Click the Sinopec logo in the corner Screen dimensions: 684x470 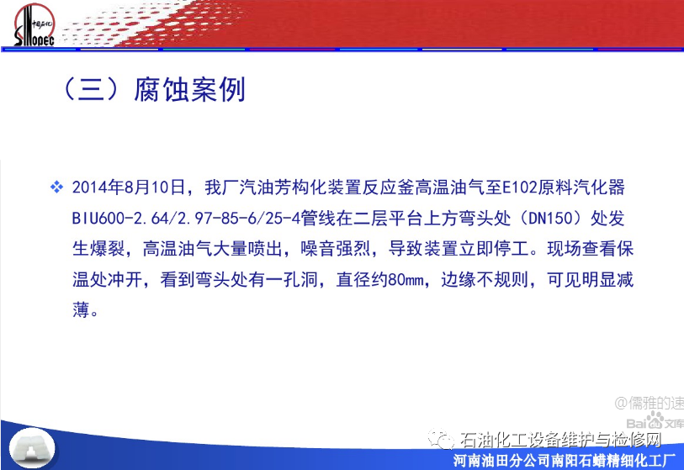click(x=34, y=25)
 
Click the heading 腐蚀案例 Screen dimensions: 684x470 click(x=190, y=90)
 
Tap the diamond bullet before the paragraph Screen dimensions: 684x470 click(x=56, y=187)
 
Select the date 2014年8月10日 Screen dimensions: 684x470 click(x=129, y=187)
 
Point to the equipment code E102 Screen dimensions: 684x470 click(x=520, y=187)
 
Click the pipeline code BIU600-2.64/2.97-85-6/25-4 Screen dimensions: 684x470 click(x=186, y=218)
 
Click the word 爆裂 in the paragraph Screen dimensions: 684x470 click(x=108, y=249)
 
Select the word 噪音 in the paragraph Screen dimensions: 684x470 click(x=318, y=249)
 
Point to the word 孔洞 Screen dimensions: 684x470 click(x=300, y=279)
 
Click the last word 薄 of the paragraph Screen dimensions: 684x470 click(x=81, y=310)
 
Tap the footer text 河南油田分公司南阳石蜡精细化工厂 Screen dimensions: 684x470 click(x=564, y=461)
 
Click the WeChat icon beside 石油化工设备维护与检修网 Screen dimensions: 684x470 click(x=441, y=439)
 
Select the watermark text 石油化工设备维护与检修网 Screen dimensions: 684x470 click(x=560, y=440)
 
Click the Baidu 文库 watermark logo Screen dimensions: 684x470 click(x=655, y=421)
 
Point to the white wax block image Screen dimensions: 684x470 click(x=32, y=448)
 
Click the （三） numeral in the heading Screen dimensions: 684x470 click(x=91, y=90)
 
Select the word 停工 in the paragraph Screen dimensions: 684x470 click(x=512, y=249)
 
